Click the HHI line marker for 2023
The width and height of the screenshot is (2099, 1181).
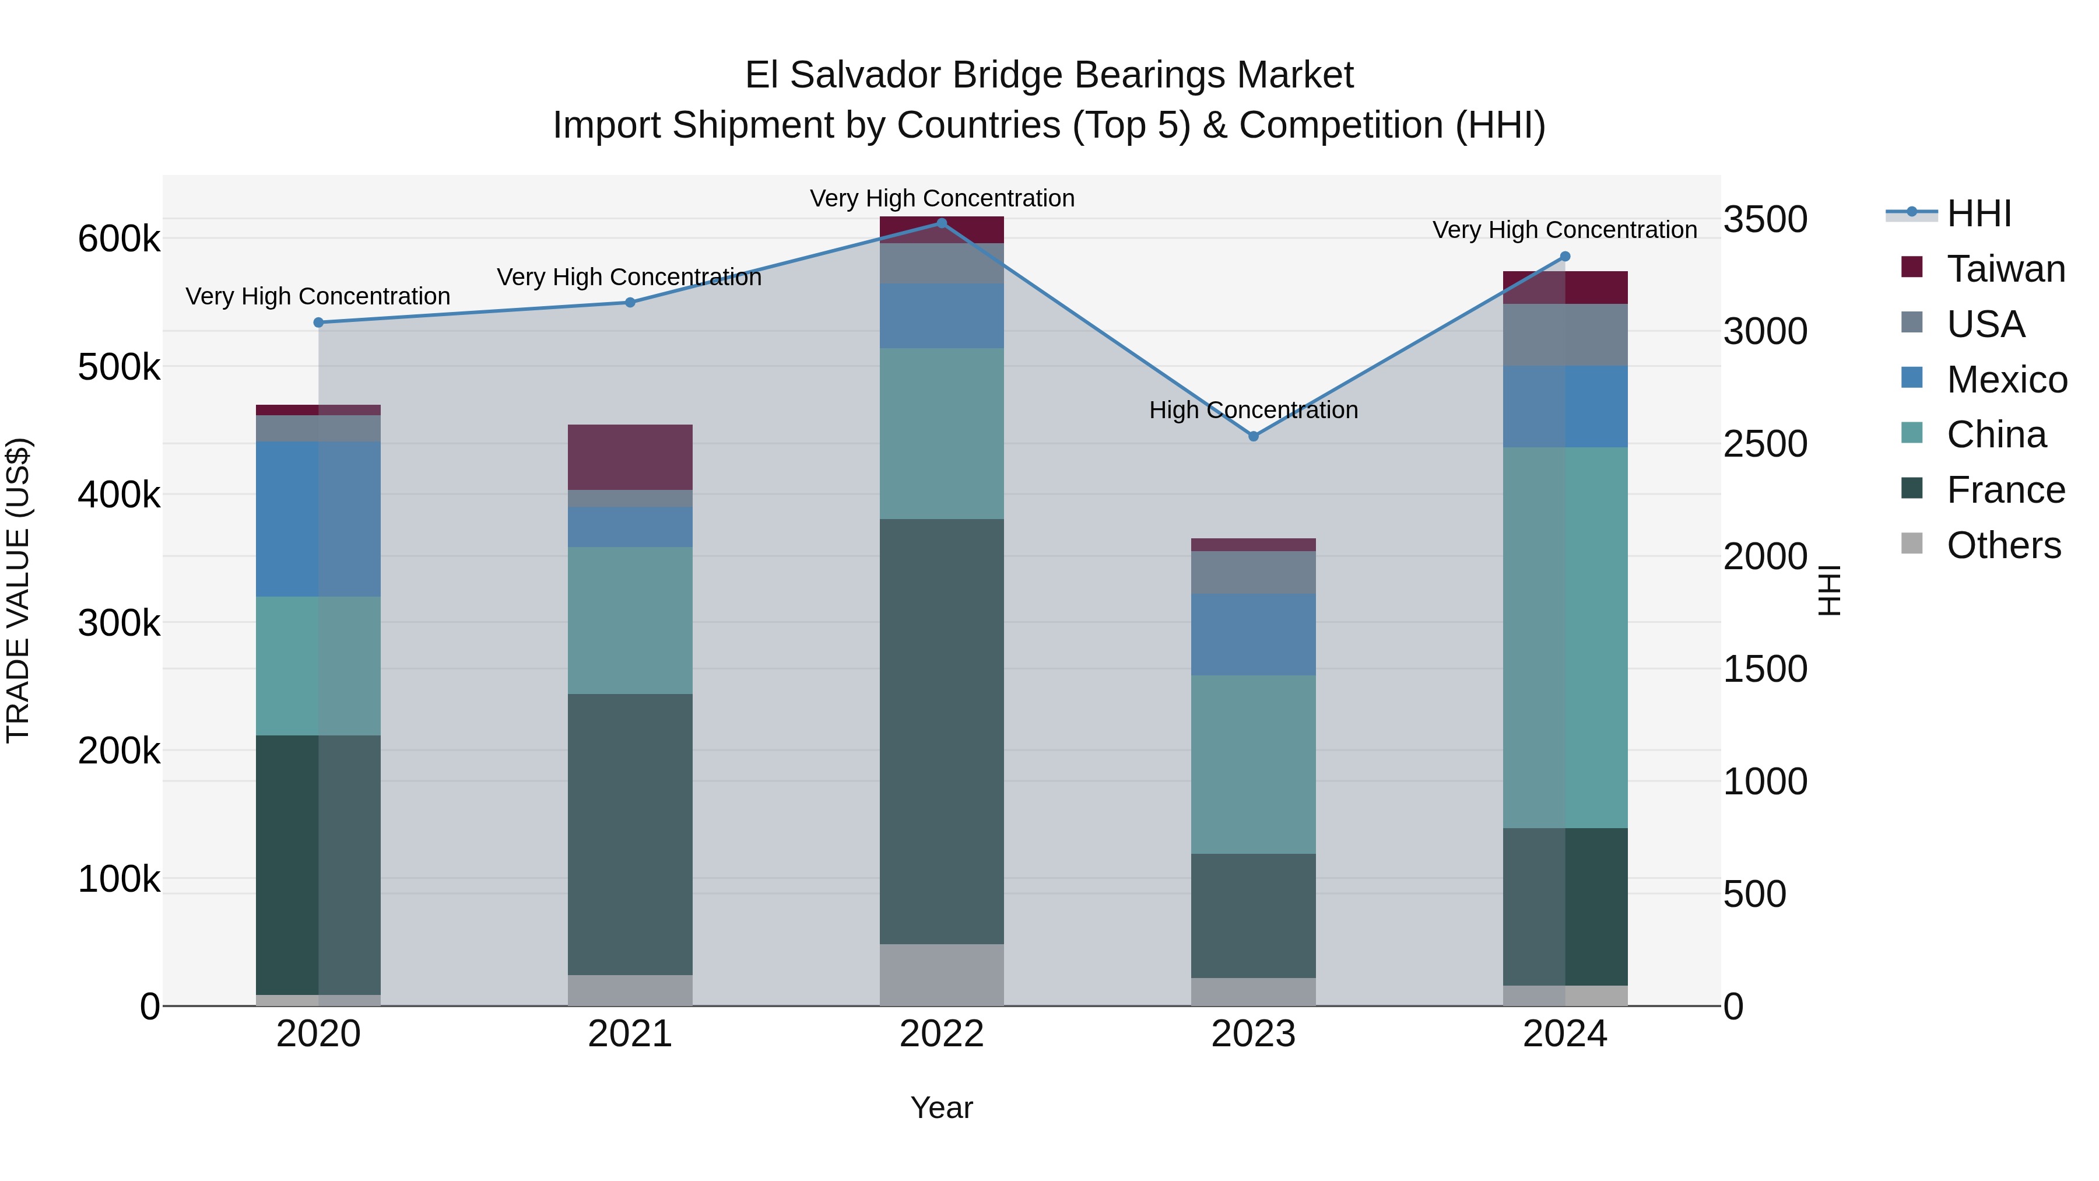pyautogui.click(x=1253, y=436)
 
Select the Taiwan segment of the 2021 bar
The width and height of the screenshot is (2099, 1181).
pyautogui.click(x=630, y=457)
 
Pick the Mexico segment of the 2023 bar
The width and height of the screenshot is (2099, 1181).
pyautogui.click(x=1253, y=635)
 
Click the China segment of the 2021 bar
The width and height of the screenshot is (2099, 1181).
pyautogui.click(x=630, y=621)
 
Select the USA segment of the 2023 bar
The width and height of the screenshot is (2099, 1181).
pyautogui.click(x=1253, y=573)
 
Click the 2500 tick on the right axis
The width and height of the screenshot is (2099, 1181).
pyautogui.click(x=1765, y=445)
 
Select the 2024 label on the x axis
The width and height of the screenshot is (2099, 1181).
pyautogui.click(x=1564, y=1034)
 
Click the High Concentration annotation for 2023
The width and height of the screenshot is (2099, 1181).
pyautogui.click(x=1253, y=410)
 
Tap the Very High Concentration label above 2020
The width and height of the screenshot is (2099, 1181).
pyautogui.click(x=318, y=297)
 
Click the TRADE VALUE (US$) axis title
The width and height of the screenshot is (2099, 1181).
pyautogui.click(x=18, y=590)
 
